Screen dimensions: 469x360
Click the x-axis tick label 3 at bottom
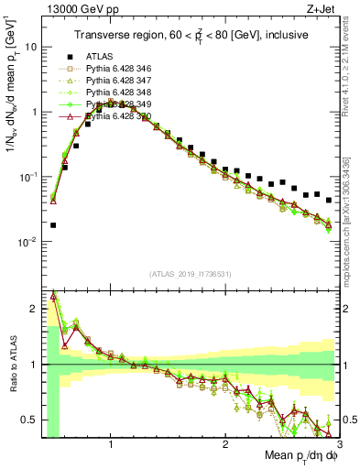338,444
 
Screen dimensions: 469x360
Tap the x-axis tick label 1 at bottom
111,444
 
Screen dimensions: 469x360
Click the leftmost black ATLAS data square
53,224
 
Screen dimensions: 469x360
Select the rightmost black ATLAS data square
328,199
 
